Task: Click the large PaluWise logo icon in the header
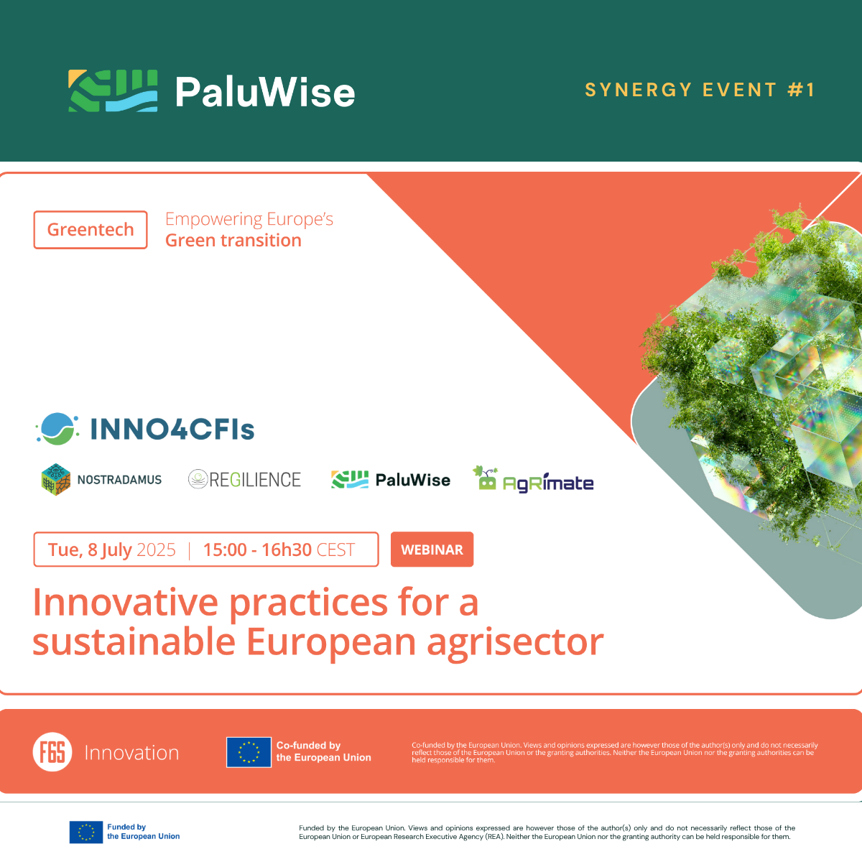[x=113, y=91]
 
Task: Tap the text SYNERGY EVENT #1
[x=700, y=90]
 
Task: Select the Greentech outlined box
[x=91, y=230]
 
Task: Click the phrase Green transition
[x=233, y=241]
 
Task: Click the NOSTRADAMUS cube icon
[x=55, y=479]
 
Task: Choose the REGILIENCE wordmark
[x=255, y=480]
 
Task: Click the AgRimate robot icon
[x=486, y=479]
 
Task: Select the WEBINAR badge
[x=432, y=550]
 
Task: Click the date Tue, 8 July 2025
[x=111, y=550]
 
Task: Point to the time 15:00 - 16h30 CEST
[x=279, y=550]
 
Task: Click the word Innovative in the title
[x=125, y=603]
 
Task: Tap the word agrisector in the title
[x=515, y=641]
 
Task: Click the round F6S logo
[x=52, y=752]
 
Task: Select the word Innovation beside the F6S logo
[x=131, y=753]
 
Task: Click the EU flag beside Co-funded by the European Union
[x=249, y=752]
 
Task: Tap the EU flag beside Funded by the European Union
[x=86, y=832]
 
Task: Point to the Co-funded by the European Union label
[x=323, y=751]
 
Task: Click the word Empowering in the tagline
[x=213, y=219]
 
